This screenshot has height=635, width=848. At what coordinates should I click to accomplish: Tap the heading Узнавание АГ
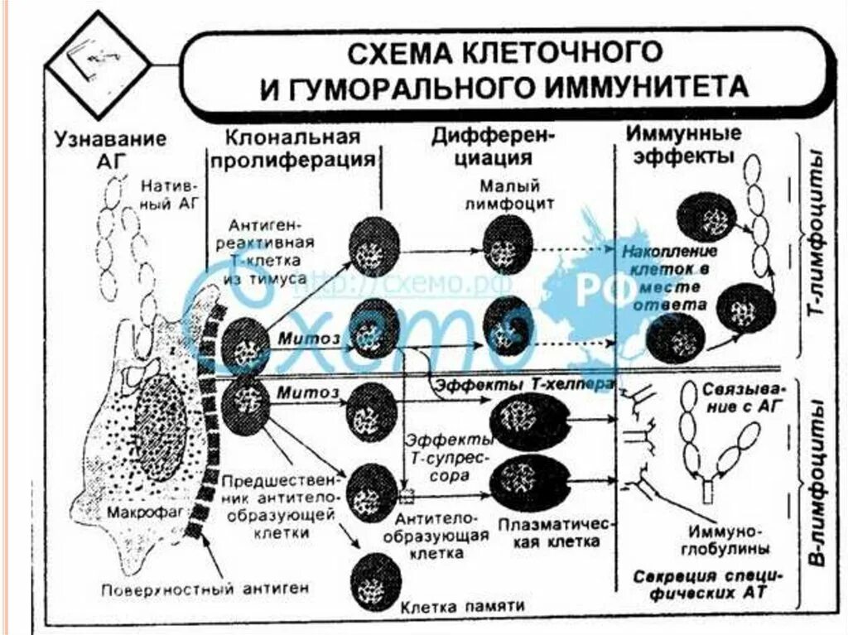click(x=110, y=149)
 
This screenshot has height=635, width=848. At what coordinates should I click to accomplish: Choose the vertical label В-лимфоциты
click(x=820, y=484)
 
